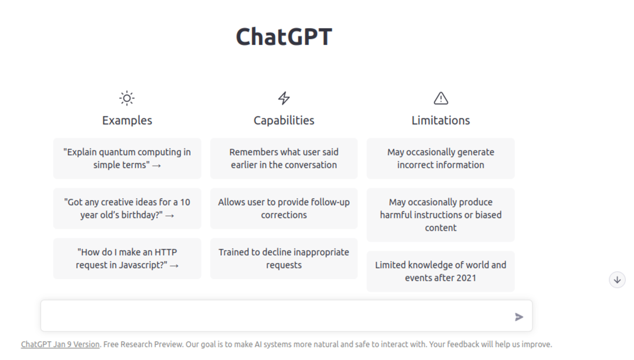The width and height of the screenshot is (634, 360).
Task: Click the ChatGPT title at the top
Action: tap(284, 36)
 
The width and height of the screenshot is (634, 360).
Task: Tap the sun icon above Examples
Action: tap(127, 98)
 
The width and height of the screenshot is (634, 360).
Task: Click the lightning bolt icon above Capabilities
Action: tap(284, 98)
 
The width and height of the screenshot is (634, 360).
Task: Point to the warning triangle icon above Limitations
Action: tap(441, 98)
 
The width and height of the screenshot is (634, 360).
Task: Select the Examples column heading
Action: tap(127, 121)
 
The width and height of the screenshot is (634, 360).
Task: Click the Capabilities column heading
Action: tap(284, 121)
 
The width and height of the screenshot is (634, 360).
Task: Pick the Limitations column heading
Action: tap(441, 121)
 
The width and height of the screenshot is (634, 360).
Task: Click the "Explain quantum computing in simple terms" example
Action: tap(127, 159)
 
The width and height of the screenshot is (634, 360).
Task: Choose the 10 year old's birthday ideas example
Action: tap(127, 208)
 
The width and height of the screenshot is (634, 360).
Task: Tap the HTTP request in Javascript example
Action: tap(127, 259)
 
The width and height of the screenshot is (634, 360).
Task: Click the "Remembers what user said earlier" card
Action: tap(284, 159)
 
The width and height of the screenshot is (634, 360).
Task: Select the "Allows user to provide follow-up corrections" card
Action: tap(284, 208)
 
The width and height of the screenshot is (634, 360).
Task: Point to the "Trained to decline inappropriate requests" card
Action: tap(284, 259)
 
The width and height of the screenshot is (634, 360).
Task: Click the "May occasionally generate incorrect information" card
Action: tap(441, 159)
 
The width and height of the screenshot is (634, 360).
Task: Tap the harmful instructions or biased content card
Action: tap(441, 215)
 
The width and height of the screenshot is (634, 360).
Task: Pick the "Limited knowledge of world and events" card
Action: tap(441, 271)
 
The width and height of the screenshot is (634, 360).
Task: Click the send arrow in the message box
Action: tap(519, 317)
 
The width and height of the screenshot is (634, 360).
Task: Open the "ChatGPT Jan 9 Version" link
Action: tap(60, 345)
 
